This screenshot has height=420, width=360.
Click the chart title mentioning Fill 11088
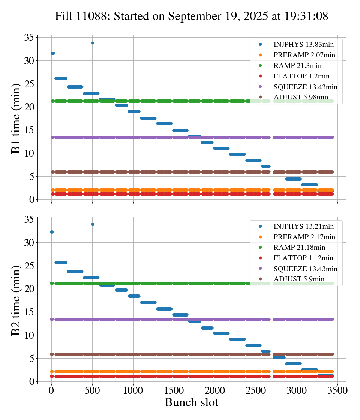[192, 16]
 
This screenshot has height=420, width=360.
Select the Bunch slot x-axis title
[191, 402]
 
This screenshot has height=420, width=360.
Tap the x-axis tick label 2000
[215, 390]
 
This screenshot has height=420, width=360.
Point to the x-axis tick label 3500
[337, 390]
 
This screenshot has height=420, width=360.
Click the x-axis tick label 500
[93, 390]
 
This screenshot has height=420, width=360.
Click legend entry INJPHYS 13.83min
[303, 44]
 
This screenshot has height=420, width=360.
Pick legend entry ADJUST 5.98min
[301, 97]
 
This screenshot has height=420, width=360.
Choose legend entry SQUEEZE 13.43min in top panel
[305, 87]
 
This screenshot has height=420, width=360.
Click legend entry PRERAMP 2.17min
[304, 237]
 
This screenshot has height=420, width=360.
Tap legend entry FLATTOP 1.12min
[303, 258]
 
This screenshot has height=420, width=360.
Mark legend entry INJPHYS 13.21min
[303, 226]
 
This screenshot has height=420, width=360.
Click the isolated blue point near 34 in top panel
[93, 43]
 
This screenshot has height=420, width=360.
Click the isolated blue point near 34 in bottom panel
[93, 224]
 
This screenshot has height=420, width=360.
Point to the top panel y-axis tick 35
[29, 37]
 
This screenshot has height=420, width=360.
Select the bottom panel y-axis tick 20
[29, 289]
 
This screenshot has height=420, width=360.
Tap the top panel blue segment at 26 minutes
[61, 78]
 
